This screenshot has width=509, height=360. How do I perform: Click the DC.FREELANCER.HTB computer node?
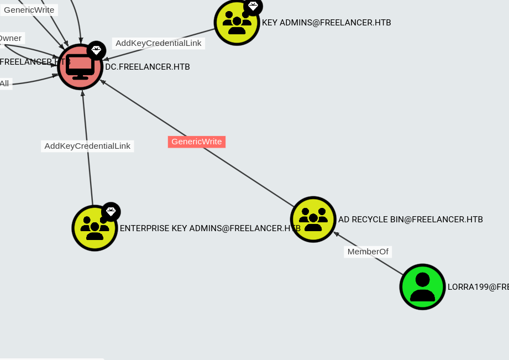click(x=80, y=67)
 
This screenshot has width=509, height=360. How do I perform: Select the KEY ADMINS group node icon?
click(x=237, y=23)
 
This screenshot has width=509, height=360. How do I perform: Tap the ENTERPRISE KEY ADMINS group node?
click(x=95, y=228)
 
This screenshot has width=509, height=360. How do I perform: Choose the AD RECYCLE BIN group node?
click(x=313, y=219)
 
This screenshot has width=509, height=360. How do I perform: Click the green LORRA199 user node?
click(x=423, y=286)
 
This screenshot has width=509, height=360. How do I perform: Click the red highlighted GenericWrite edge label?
click(x=197, y=142)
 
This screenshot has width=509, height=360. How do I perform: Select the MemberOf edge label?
click(x=368, y=252)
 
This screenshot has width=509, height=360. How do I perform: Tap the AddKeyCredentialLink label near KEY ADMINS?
click(x=159, y=43)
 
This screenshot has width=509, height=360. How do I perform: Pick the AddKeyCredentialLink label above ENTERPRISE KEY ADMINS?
click(x=87, y=146)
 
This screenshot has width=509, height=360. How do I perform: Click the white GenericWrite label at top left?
click(x=29, y=9)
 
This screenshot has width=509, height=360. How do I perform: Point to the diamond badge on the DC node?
click(x=96, y=50)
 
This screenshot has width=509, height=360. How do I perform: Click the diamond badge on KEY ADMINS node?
click(x=253, y=6)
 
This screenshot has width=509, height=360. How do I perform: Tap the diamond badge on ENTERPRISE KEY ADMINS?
click(x=111, y=211)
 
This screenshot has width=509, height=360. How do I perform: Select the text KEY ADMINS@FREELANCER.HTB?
click(x=326, y=23)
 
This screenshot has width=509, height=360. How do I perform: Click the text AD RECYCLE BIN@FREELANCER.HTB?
click(x=411, y=220)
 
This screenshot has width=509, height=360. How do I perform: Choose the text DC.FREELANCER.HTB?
click(x=148, y=67)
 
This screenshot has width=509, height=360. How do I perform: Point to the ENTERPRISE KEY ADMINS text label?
click(x=210, y=228)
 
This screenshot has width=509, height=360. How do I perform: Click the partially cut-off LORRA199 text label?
click(x=477, y=287)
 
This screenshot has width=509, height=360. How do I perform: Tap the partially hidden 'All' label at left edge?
click(x=4, y=84)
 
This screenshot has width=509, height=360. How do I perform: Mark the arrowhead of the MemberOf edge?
click(x=335, y=234)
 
